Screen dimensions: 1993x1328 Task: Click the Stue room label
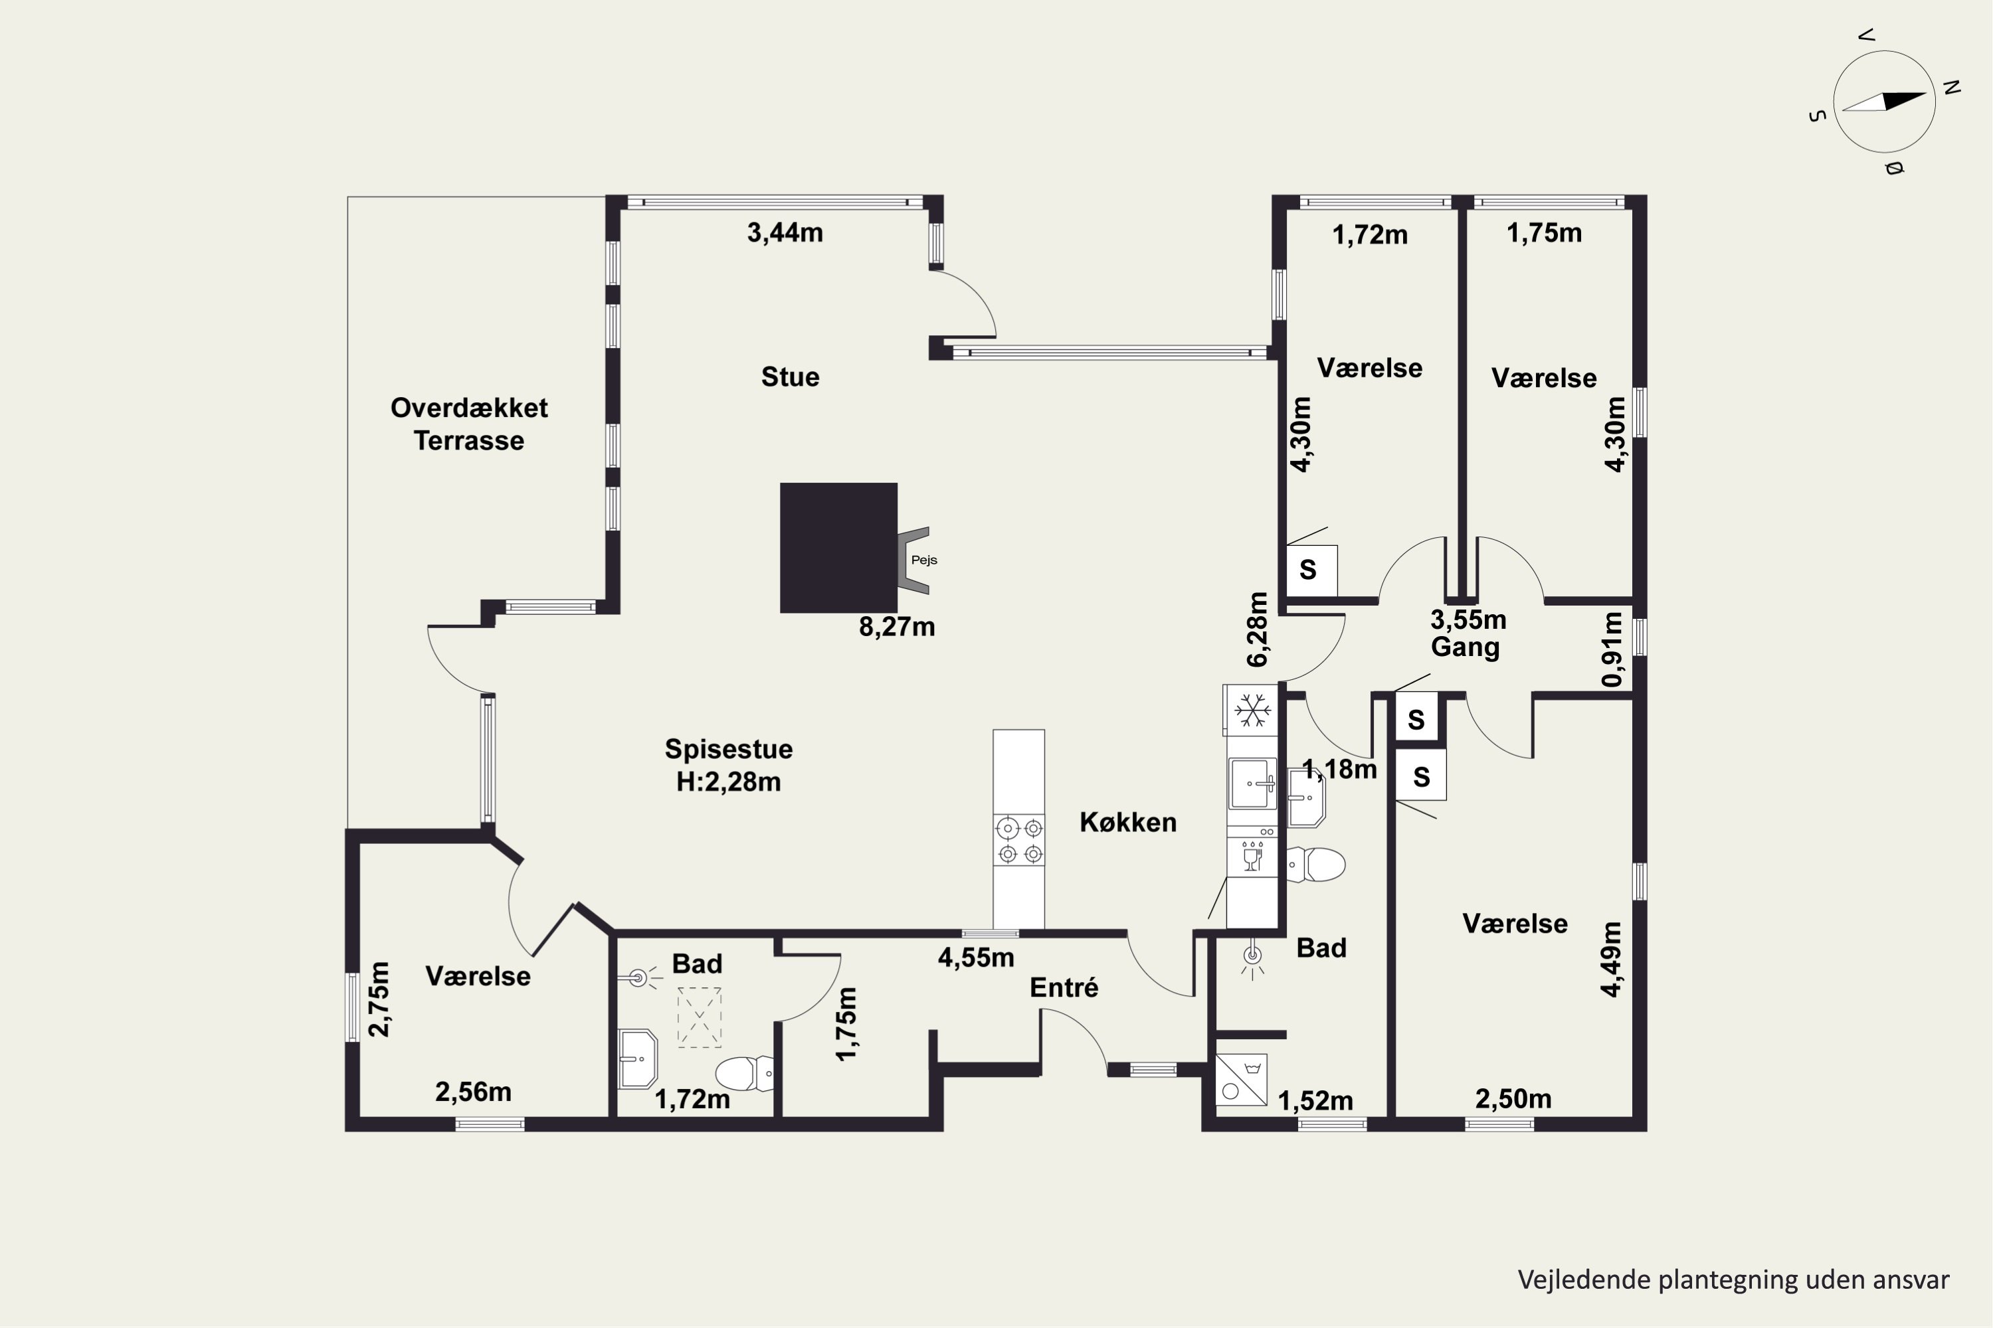point(790,377)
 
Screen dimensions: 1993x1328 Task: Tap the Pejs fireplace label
point(923,560)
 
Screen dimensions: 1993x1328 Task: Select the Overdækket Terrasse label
point(468,424)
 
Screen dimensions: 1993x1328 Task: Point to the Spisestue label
point(729,749)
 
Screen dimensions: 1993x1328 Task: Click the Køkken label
point(1128,823)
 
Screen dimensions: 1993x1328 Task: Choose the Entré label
point(1064,987)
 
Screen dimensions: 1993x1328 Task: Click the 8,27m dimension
point(896,627)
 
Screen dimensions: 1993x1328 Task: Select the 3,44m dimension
point(785,233)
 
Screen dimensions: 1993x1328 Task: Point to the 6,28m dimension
point(1258,629)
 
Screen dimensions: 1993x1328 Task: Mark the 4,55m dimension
point(976,958)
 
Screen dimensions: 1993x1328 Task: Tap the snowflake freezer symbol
point(1252,710)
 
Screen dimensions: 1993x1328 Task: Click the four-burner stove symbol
point(1019,840)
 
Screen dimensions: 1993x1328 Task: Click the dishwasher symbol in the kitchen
point(1252,857)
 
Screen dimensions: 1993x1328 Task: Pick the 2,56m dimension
point(473,1092)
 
